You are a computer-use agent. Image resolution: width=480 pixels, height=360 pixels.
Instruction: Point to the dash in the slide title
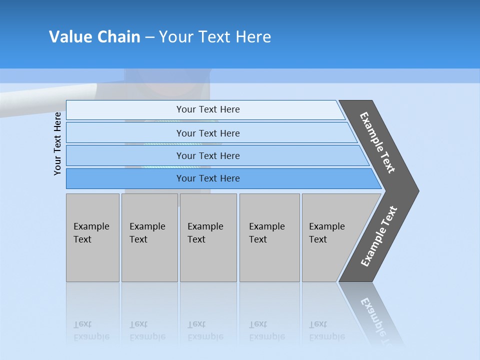[x=149, y=37]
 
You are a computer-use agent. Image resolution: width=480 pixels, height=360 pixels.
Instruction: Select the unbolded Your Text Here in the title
[x=215, y=37]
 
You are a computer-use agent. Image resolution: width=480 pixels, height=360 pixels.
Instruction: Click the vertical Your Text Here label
[x=57, y=143]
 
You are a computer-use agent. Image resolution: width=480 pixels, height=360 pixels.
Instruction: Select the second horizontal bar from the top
[x=208, y=133]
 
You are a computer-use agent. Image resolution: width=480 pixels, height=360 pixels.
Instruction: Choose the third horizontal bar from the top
[x=208, y=155]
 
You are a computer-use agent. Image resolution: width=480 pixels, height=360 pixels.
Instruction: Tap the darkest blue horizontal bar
[x=208, y=178]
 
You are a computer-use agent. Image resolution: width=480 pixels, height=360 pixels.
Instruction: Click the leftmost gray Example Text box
[x=92, y=237]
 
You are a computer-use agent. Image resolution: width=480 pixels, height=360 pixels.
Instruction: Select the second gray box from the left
[x=149, y=237]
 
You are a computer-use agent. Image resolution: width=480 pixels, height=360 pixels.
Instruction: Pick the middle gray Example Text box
[x=208, y=237]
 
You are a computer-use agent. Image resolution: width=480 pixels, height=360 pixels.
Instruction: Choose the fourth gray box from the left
[x=269, y=237]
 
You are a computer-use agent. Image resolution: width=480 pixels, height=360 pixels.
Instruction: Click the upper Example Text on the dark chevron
[x=378, y=142]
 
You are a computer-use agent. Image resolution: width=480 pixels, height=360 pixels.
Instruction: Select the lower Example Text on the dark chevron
[x=379, y=236]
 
